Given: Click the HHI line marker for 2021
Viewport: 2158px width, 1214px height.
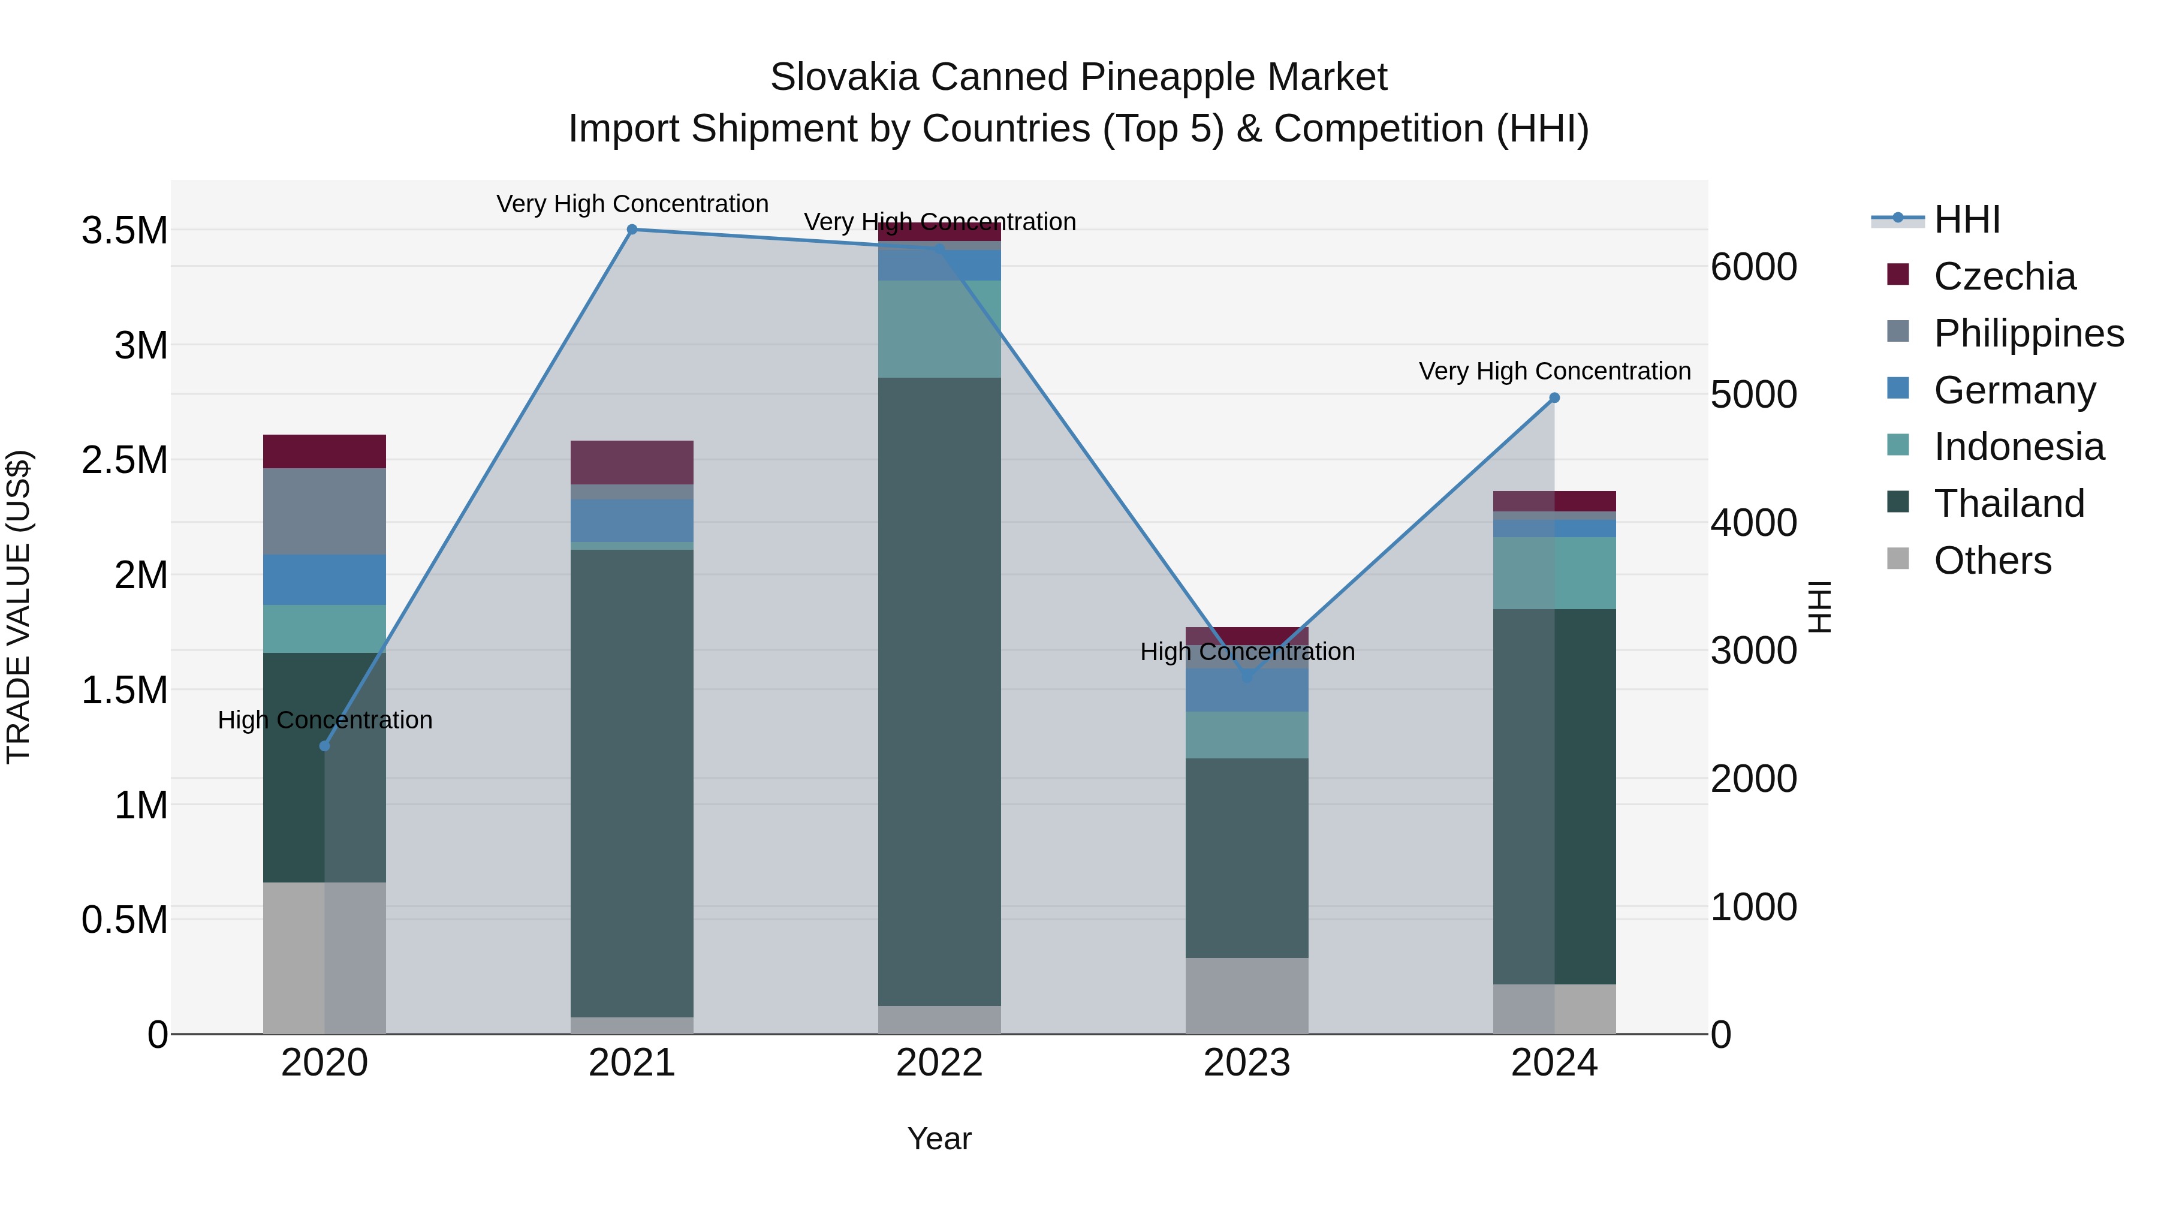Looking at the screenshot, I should pyautogui.click(x=632, y=230).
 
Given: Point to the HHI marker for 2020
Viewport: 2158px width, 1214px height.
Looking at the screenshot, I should pyautogui.click(x=325, y=746).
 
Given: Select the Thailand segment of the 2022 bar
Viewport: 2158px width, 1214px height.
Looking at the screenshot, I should pyautogui.click(x=939, y=691).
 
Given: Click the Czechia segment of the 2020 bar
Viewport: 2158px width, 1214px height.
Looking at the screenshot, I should pyautogui.click(x=324, y=451).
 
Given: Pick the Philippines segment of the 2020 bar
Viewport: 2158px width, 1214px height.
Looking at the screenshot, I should pyautogui.click(x=324, y=511).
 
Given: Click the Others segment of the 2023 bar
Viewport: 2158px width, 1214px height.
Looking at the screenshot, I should pyautogui.click(x=1247, y=995).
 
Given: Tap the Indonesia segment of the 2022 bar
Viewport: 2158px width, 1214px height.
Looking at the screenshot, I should pyautogui.click(x=939, y=329).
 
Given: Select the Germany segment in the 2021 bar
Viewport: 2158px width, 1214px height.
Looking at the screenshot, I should pyautogui.click(x=632, y=520).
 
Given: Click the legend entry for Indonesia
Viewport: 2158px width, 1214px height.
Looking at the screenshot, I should pyautogui.click(x=2018, y=447).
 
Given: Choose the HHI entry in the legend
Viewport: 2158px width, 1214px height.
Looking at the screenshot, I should pyautogui.click(x=1966, y=219).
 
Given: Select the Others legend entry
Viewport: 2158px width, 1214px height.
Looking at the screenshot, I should pyautogui.click(x=1992, y=561).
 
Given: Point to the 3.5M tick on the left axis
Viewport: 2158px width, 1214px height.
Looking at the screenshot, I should pyautogui.click(x=125, y=230).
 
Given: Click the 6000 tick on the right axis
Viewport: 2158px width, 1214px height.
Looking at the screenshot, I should pyautogui.click(x=1753, y=267).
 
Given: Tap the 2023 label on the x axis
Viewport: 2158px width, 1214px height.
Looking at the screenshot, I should pyautogui.click(x=1247, y=1063).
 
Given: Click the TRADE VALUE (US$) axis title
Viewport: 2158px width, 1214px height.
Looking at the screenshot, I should pyautogui.click(x=19, y=607).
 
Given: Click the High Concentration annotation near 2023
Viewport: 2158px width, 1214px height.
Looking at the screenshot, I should pyautogui.click(x=1247, y=652).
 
